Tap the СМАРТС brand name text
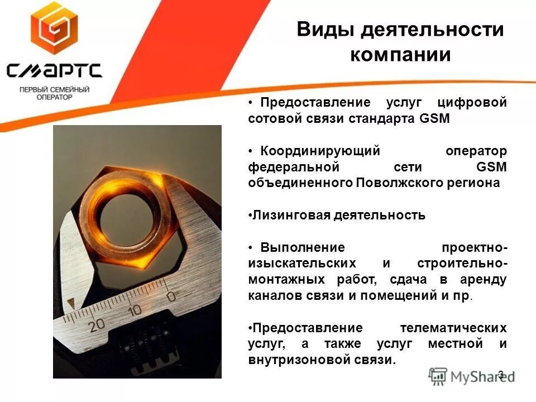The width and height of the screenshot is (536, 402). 54,71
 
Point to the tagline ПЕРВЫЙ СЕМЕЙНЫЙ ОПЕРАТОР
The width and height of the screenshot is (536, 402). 54,93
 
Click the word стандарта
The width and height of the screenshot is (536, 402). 384,119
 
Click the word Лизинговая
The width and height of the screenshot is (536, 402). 289,216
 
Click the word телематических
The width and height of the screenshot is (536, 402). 453,327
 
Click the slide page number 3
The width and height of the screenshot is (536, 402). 500,374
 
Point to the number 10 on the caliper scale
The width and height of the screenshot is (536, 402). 134,310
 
